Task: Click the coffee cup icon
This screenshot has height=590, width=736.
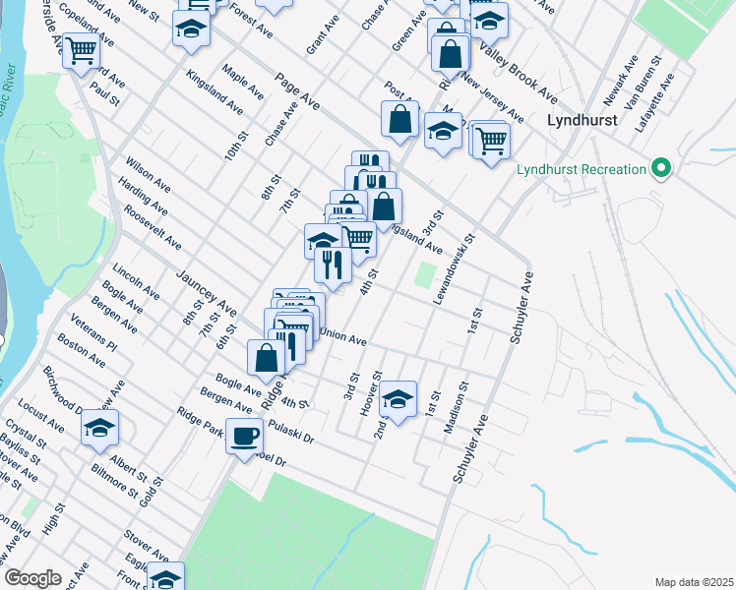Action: (244, 435)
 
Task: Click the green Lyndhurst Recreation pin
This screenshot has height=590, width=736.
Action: (661, 169)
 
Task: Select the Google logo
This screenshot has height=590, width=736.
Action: (33, 578)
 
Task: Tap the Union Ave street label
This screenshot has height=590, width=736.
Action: (343, 337)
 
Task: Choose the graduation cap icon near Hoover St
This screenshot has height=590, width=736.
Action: (397, 399)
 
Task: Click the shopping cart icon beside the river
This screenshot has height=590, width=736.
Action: (81, 49)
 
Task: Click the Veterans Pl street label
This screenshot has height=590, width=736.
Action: (94, 333)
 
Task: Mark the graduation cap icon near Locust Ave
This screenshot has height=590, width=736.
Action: (99, 428)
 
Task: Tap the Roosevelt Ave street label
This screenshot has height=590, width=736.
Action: (153, 227)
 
